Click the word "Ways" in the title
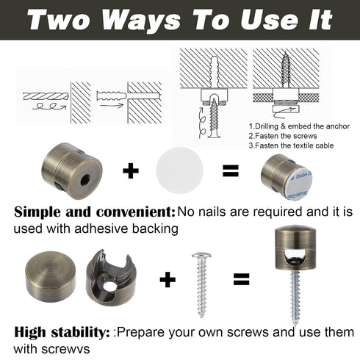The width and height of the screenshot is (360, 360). pos(140,20)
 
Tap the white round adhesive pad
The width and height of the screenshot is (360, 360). pos(180,170)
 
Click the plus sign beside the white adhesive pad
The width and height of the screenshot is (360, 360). pos(131,170)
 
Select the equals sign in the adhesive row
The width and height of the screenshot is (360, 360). pos(231,170)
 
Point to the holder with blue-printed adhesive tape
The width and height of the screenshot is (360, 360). pos(287,177)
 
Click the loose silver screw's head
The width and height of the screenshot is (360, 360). pos(201,256)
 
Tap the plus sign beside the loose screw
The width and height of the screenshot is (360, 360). pos(168,279)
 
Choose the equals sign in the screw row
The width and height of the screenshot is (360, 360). pos(241,279)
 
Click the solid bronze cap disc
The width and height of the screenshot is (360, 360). pos(51,276)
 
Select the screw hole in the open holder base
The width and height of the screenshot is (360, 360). pos(109,287)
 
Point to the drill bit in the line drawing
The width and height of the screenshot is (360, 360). pos(46,96)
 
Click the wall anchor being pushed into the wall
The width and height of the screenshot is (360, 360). pos(112,96)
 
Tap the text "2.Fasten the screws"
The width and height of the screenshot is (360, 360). pos(283,136)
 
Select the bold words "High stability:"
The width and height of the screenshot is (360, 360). pos(62,332)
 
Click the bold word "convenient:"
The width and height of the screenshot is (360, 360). pos(136,212)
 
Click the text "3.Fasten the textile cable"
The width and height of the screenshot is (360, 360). pos(291,145)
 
